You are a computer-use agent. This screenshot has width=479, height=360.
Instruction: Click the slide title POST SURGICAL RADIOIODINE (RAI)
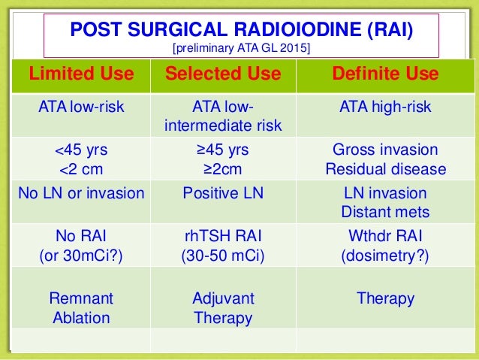point(241,30)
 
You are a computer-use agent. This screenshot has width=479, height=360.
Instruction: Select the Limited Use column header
point(81,74)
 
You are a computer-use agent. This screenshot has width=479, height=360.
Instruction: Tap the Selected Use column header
point(223,74)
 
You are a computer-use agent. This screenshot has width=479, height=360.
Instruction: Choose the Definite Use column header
point(385,74)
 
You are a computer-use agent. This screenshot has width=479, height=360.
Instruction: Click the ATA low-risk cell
point(81,107)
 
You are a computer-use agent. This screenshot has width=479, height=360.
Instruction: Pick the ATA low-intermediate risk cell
point(223,116)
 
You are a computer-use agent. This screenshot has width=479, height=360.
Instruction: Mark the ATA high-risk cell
point(385,107)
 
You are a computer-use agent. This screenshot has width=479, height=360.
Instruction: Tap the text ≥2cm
point(223,168)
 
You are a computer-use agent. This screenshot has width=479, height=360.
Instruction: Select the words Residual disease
point(385,168)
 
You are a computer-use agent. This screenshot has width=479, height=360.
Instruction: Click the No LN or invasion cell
point(81,193)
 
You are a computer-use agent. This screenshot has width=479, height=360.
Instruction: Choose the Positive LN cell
point(223,193)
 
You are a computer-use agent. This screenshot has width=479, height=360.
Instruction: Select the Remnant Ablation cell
point(81,308)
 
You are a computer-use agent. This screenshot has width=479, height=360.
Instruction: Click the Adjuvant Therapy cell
point(223,308)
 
